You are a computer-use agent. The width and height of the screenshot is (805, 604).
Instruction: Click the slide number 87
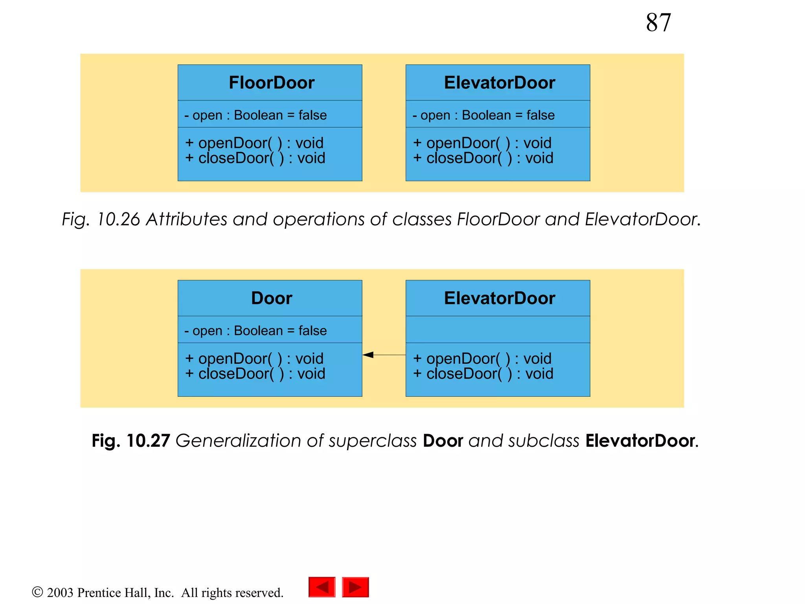click(x=658, y=22)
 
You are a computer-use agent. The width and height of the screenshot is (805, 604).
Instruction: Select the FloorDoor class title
click(x=271, y=83)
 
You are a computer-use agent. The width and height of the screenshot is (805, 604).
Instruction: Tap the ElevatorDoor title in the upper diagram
click(x=499, y=83)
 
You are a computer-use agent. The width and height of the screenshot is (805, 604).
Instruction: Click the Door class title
click(x=271, y=298)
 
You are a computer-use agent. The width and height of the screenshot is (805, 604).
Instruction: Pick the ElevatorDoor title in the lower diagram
click(x=499, y=298)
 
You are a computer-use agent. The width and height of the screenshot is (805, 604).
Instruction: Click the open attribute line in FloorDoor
click(x=255, y=115)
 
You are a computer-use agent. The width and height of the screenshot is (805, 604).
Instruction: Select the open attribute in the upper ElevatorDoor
click(x=483, y=115)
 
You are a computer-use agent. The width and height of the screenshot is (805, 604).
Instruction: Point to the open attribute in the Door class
click(x=255, y=330)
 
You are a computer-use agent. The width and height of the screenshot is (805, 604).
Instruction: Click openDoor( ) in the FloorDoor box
click(x=254, y=143)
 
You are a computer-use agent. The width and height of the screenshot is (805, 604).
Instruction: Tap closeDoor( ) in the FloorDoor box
click(x=255, y=158)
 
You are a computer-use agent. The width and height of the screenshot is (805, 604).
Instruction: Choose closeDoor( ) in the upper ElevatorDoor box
click(x=483, y=158)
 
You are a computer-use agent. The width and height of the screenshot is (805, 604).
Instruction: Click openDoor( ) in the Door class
click(x=254, y=358)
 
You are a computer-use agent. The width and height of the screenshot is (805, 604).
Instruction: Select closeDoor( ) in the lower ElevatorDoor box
click(x=483, y=374)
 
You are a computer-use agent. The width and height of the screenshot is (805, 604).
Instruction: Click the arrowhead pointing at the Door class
click(x=368, y=355)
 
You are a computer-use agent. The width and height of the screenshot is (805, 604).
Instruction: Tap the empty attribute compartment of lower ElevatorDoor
click(x=498, y=330)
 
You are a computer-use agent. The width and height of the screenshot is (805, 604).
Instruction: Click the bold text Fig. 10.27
click(x=130, y=440)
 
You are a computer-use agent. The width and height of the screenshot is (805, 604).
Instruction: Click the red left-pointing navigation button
click(x=322, y=587)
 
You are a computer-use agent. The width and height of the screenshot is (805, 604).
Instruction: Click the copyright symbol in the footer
click(x=37, y=592)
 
